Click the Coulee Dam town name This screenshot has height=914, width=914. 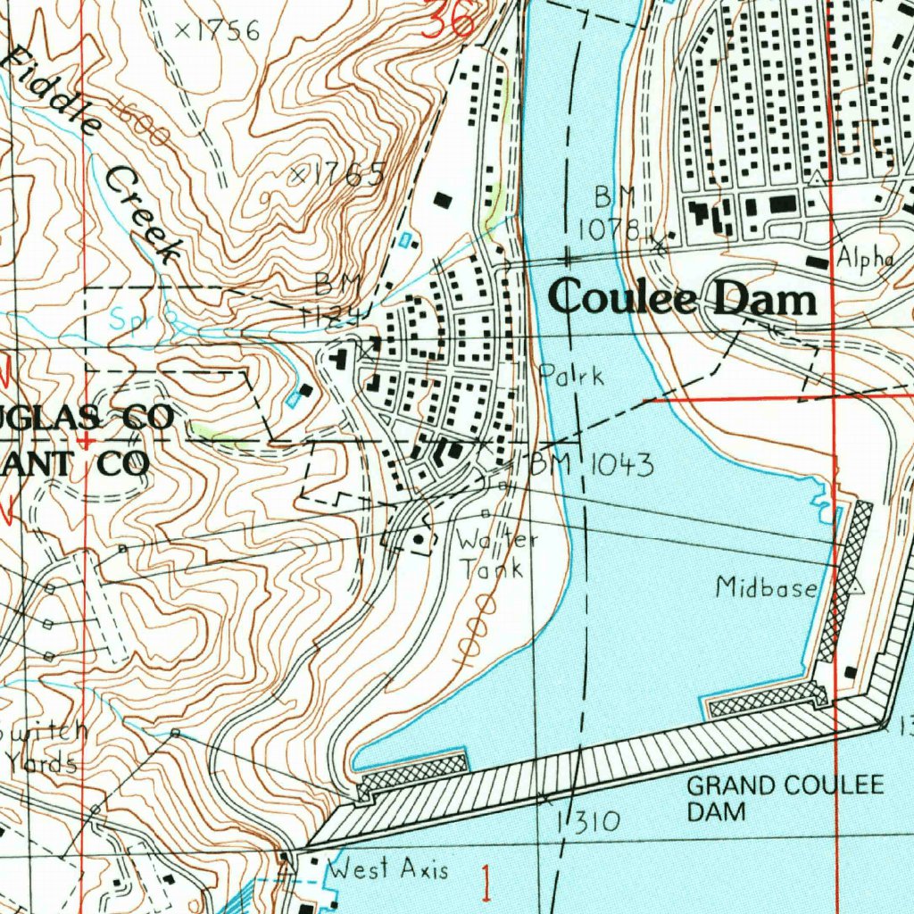pos(683,299)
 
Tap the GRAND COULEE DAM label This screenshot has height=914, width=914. pos(785,798)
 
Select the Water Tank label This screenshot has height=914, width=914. pos(494,554)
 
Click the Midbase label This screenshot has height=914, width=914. pos(766,587)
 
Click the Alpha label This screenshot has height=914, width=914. pos(865,258)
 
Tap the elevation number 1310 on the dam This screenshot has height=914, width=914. pos(588,821)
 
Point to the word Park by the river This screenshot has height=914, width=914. pos(571,375)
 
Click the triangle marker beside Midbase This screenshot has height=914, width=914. pos(856,587)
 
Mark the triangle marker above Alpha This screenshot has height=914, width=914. pos(817,179)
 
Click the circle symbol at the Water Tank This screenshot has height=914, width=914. pos(420,539)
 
